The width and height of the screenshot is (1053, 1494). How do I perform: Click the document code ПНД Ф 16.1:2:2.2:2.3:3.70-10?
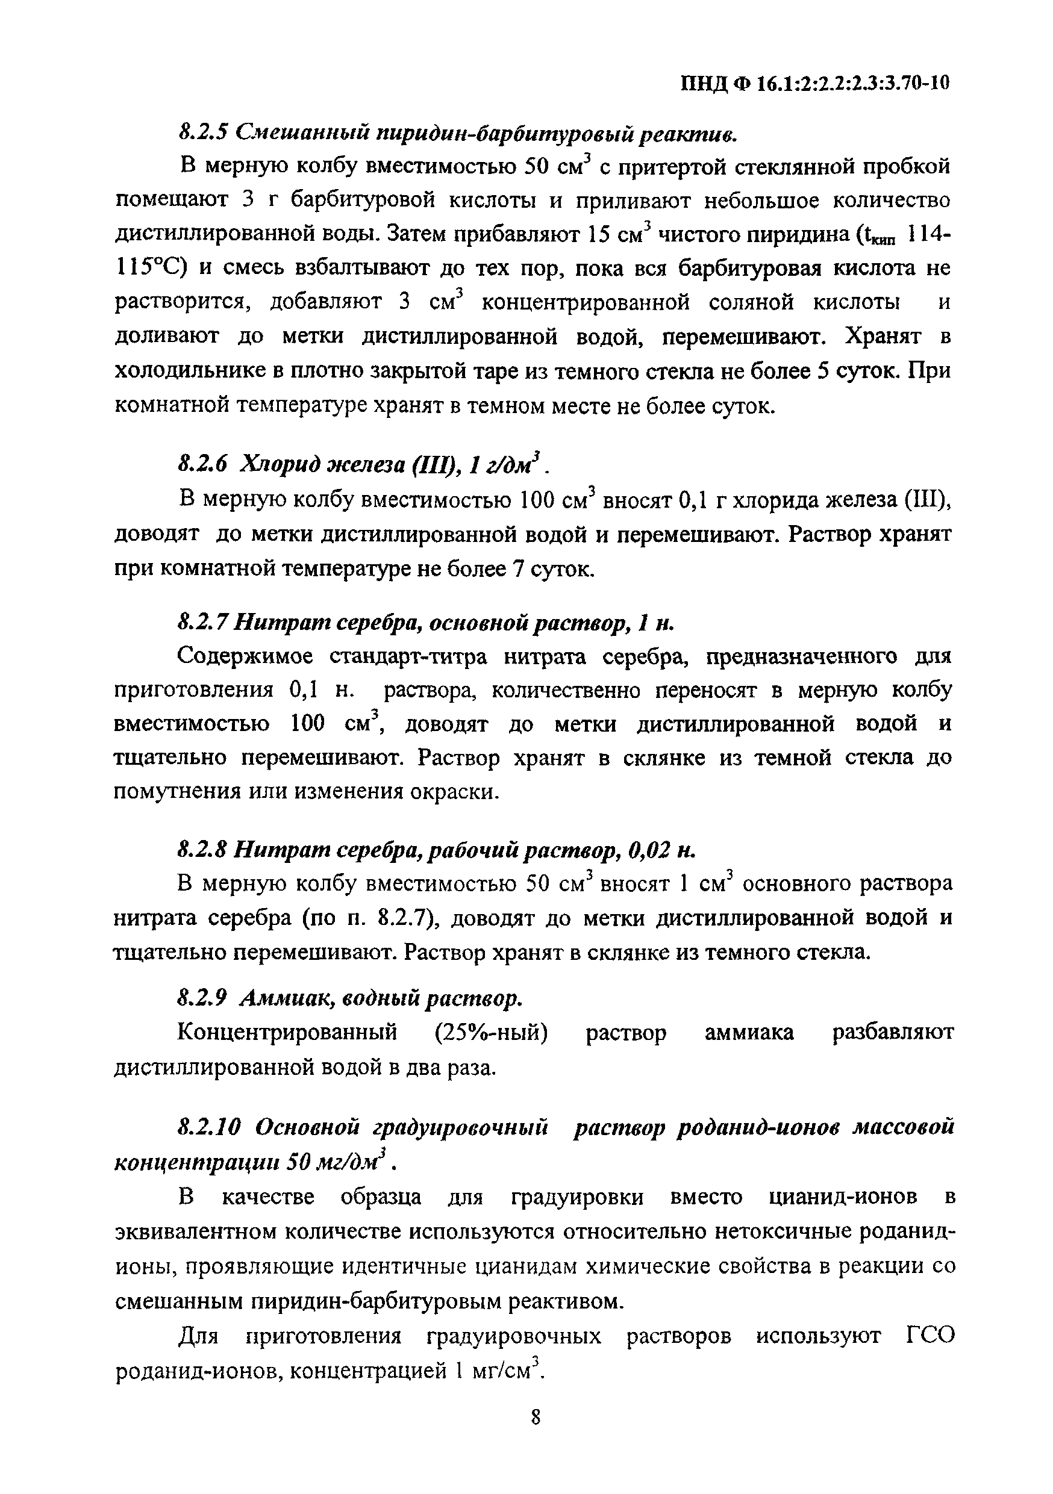(815, 84)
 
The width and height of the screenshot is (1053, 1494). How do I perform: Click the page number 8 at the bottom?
(536, 1436)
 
